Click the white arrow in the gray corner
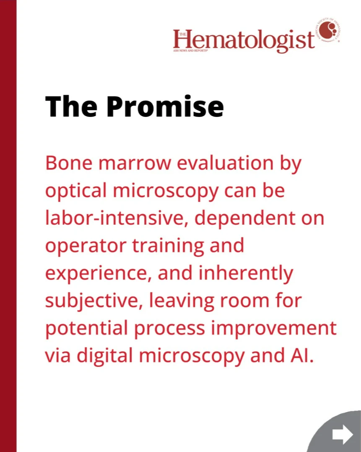[343, 434]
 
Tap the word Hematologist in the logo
[244, 40]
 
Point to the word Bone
[69, 163]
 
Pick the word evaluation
[225, 163]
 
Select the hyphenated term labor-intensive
[114, 218]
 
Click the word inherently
[246, 273]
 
